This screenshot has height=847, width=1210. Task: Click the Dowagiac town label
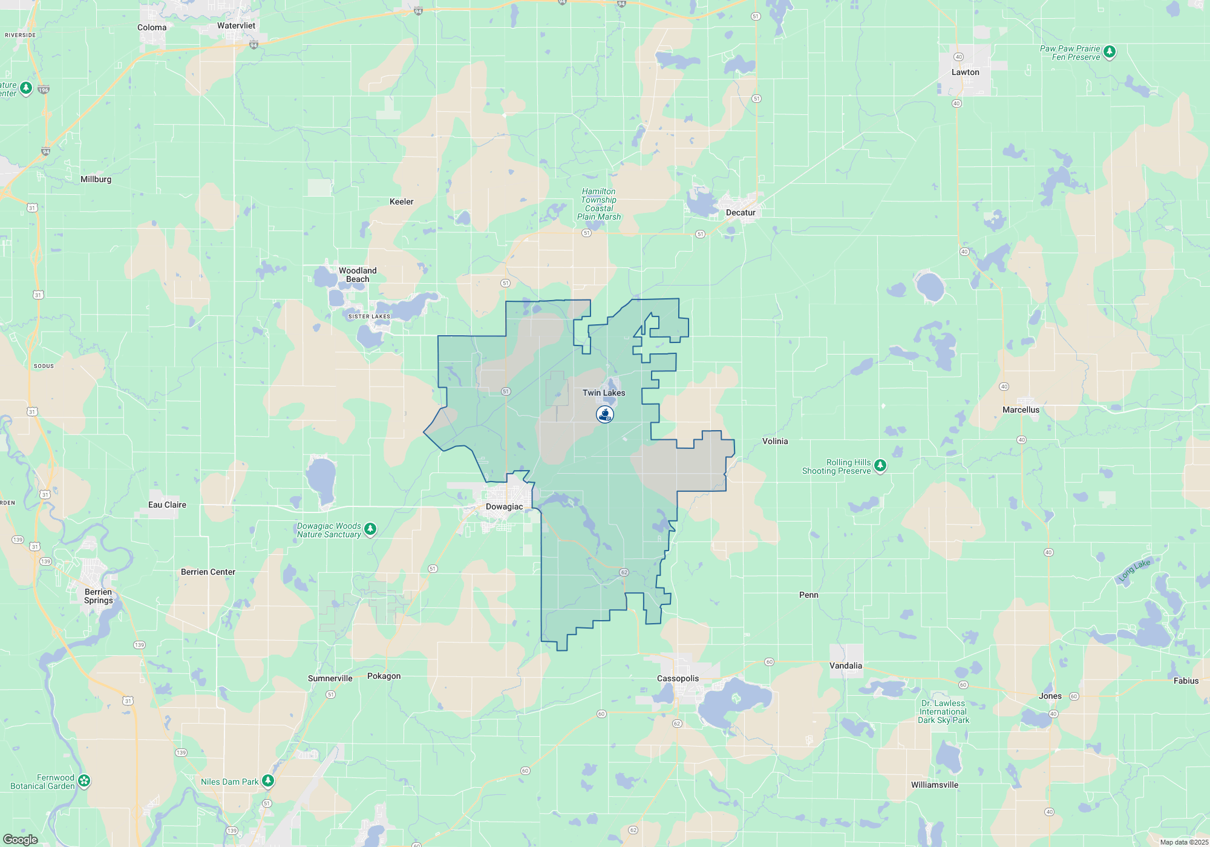coord(504,507)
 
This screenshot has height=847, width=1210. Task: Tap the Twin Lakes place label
coord(604,393)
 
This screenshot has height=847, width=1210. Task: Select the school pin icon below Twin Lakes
coord(605,414)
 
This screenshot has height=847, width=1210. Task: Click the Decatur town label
coord(741,213)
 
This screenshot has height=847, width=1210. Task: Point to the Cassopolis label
coord(678,679)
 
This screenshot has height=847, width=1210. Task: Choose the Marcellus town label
coord(1021,410)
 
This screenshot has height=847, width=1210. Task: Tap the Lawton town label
coord(965,73)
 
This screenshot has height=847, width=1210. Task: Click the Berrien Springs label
coord(98,597)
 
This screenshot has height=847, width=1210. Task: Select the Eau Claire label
coord(167,505)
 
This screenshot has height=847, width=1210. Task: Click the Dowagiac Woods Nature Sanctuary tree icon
coord(370,529)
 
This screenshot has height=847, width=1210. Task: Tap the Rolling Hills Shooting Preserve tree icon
coord(880,465)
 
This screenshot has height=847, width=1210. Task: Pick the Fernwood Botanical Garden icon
coord(84,781)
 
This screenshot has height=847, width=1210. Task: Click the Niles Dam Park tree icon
coord(268,781)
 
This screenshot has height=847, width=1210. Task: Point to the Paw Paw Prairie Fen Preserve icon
coord(1109,52)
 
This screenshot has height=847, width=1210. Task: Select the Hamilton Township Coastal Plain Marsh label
coord(598,204)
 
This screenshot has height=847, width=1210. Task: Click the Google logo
coord(21,840)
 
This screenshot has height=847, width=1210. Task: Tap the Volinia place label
coord(775,442)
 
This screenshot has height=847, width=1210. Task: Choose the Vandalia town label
coord(845,666)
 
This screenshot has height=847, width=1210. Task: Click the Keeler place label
coord(401,202)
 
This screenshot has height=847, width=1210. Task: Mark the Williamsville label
coord(934,785)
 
